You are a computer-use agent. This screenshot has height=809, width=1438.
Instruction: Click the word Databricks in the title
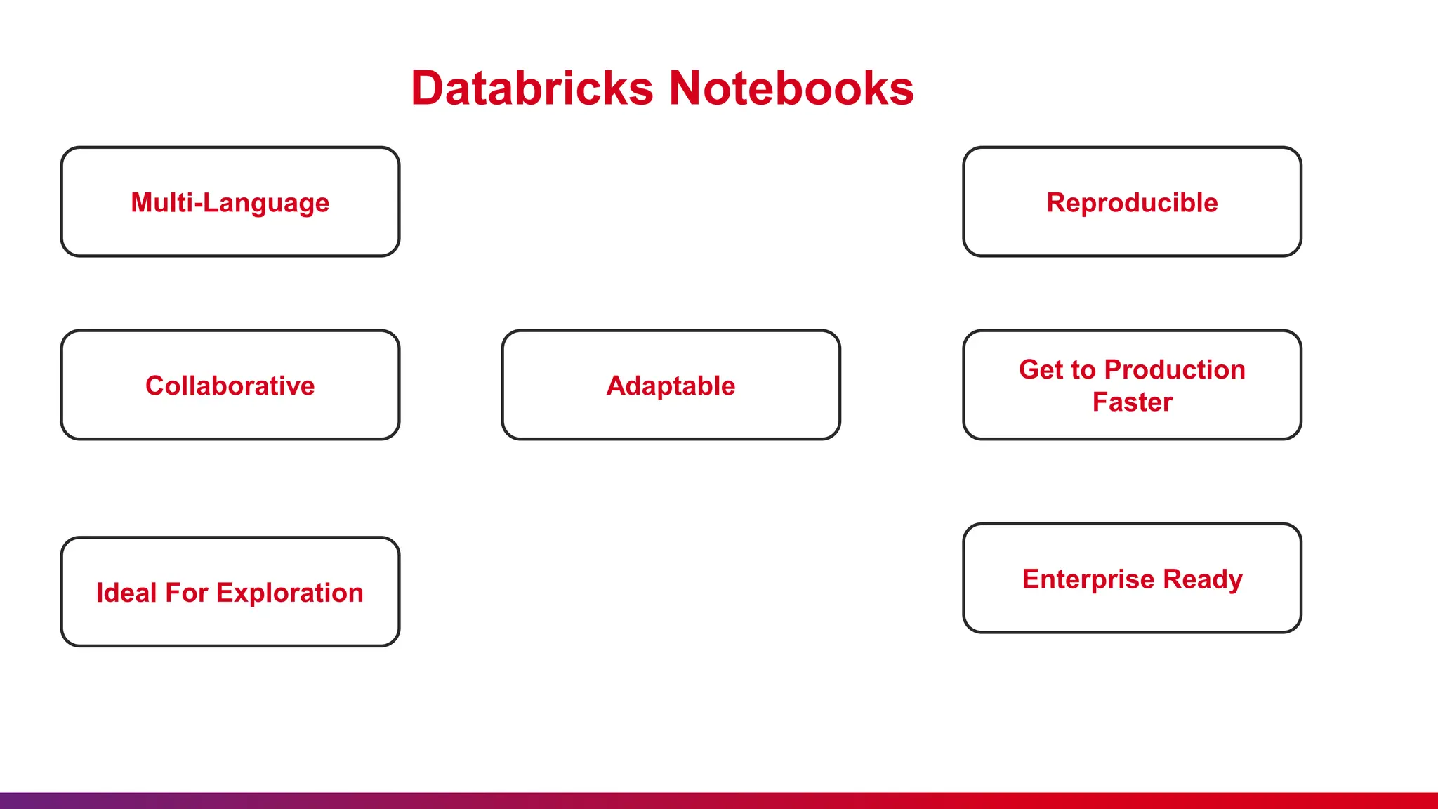[x=532, y=88]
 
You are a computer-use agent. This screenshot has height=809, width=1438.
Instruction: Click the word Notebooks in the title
[x=791, y=88]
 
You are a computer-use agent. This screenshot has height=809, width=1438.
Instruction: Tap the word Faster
[x=1132, y=402]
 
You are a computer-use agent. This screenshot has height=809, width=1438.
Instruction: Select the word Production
[x=1175, y=369]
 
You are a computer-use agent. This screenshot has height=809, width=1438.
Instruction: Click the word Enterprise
[x=1088, y=579]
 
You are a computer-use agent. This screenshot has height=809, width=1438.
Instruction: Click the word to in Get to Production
[x=1083, y=369]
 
